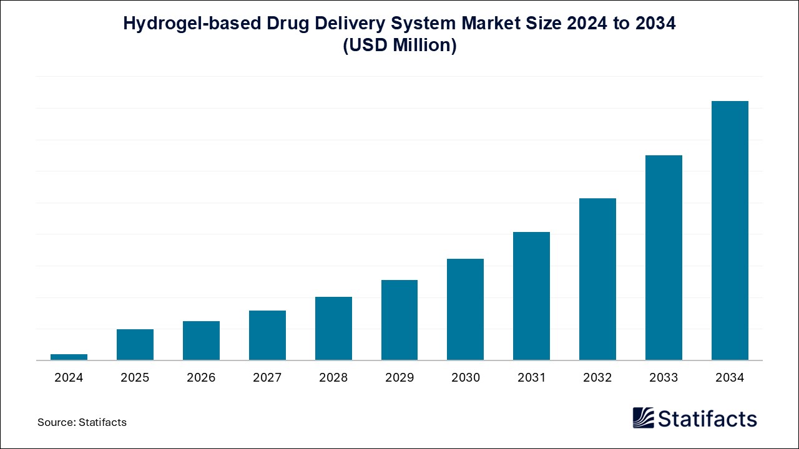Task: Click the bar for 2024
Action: click(x=69, y=357)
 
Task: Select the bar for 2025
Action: click(x=135, y=344)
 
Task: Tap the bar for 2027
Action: click(x=267, y=335)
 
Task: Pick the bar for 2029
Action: click(x=399, y=320)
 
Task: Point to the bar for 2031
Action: click(x=531, y=296)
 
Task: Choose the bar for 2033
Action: click(x=664, y=258)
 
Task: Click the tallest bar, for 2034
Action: click(x=730, y=230)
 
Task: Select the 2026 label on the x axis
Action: click(x=201, y=377)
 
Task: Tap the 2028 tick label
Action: click(x=333, y=377)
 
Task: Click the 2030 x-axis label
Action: click(x=466, y=377)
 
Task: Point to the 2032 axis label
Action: click(x=597, y=377)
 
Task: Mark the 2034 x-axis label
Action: click(x=730, y=377)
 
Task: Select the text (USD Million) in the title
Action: click(x=399, y=46)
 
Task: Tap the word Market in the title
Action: click(x=484, y=24)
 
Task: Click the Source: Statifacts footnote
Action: click(x=82, y=422)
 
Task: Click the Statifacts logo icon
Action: click(x=644, y=418)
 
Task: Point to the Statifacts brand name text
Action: click(x=708, y=418)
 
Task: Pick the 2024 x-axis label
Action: click(x=69, y=377)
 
